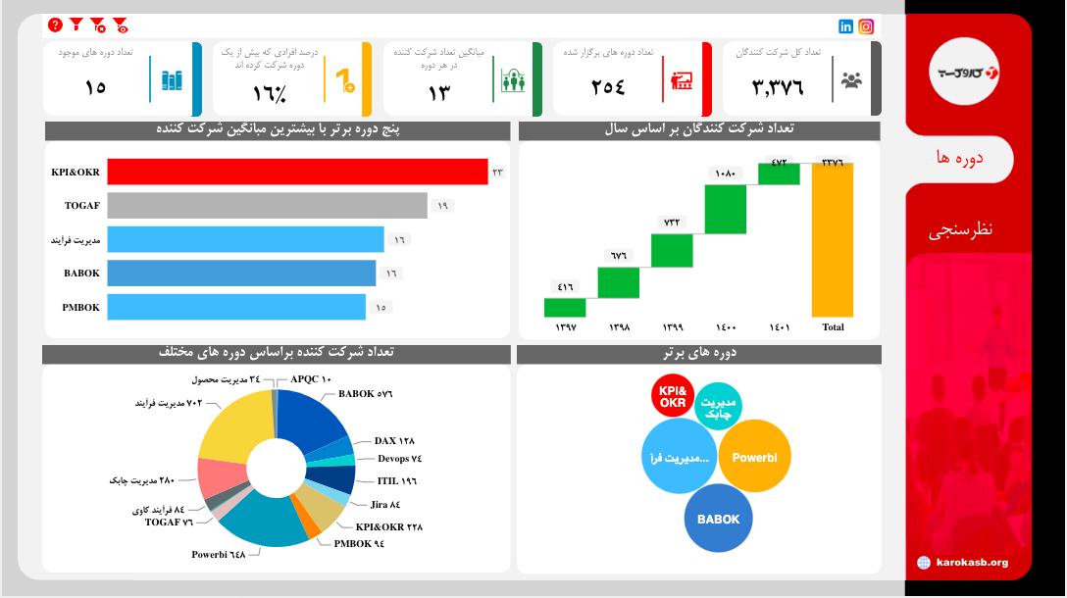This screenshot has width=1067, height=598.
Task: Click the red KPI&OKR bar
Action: tap(297, 172)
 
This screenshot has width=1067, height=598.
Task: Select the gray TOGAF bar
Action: tap(267, 206)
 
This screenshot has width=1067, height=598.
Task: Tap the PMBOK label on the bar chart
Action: tap(81, 308)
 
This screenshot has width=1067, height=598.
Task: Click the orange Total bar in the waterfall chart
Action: tap(832, 239)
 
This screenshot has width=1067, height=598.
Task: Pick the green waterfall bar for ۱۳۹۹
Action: tap(672, 250)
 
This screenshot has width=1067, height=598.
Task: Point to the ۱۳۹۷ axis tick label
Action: tap(566, 327)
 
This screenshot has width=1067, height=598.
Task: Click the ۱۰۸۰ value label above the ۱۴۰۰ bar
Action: tap(726, 174)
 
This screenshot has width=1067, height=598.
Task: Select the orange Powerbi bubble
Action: tap(754, 457)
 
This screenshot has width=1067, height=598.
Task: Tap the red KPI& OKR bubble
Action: tap(673, 397)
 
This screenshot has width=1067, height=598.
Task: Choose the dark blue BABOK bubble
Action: tap(719, 520)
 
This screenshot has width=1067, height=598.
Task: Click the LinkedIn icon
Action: tap(846, 26)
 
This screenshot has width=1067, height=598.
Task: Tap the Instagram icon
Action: tap(866, 26)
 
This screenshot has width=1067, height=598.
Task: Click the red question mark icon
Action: tap(55, 25)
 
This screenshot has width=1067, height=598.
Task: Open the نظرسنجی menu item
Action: tap(960, 230)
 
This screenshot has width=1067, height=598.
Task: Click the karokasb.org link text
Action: tap(971, 563)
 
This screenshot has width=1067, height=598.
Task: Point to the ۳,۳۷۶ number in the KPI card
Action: tap(778, 87)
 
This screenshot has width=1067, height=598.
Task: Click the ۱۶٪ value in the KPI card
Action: tap(269, 94)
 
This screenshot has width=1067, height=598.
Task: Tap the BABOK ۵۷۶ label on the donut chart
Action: tap(365, 394)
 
